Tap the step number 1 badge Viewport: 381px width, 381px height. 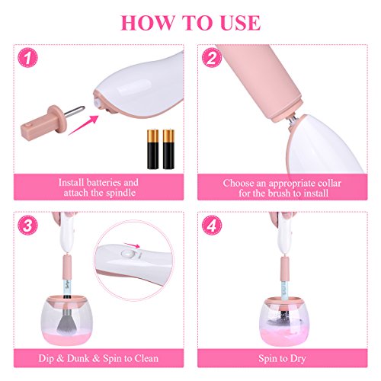pos(27,58)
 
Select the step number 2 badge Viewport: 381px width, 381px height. pos(212,58)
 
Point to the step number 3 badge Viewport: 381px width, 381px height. pos(27,226)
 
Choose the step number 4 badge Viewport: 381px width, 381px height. pos(212,226)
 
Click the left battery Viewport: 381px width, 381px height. pos(153,149)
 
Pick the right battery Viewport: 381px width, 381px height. pos(168,149)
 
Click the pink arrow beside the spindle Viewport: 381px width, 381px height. pos(83,125)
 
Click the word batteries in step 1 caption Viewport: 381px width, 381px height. pos(104,182)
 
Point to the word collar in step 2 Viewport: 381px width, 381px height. pos(329,183)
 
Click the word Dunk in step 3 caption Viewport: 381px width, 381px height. pos(78,358)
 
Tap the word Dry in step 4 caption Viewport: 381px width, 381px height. pos(298,359)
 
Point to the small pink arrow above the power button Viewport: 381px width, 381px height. pos(132,245)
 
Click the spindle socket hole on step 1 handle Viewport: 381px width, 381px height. pos(98,103)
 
